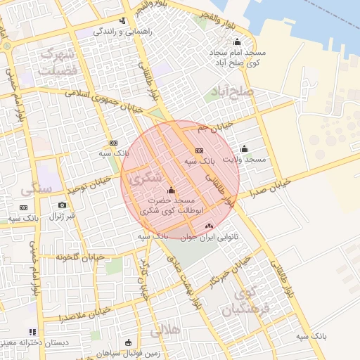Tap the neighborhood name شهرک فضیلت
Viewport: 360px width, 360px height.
[x=58, y=63]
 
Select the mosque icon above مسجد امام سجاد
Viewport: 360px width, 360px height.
[x=236, y=41]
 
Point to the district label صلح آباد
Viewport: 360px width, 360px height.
[x=230, y=93]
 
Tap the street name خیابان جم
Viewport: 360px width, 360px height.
[x=214, y=127]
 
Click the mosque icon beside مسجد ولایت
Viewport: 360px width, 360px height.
[x=244, y=149]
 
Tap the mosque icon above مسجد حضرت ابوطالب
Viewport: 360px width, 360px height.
[x=172, y=191]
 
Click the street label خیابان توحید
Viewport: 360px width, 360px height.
[x=89, y=186]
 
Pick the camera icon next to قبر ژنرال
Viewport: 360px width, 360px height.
[x=62, y=205]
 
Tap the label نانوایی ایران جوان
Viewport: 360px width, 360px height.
[x=210, y=238]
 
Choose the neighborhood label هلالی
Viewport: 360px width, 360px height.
[x=166, y=329]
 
